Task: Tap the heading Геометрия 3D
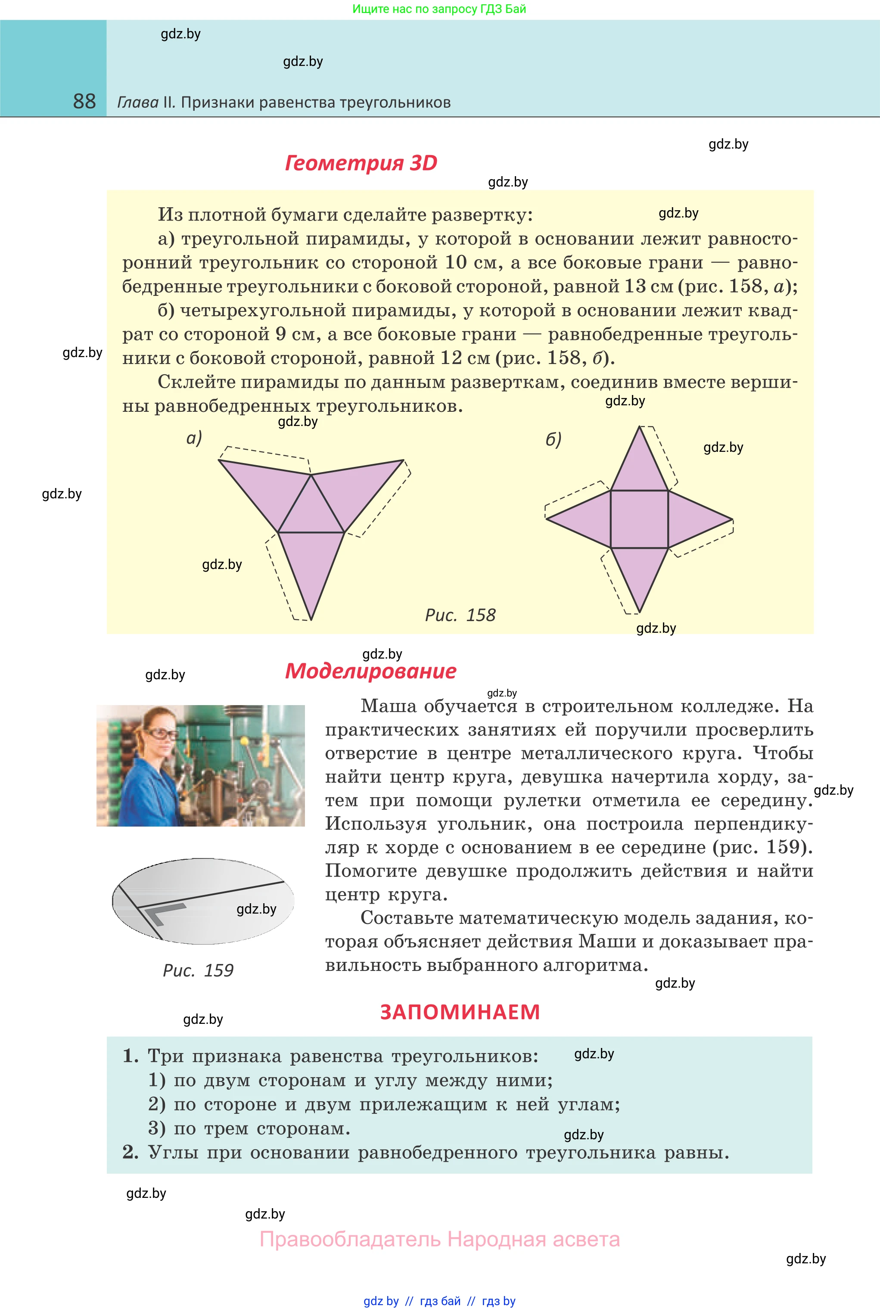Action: click(x=361, y=163)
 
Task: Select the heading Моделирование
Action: click(x=370, y=671)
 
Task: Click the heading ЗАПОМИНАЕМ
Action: click(x=460, y=1012)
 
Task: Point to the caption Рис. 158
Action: click(x=460, y=615)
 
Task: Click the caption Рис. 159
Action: click(x=198, y=970)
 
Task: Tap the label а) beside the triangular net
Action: click(x=194, y=438)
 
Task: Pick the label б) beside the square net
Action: click(x=553, y=439)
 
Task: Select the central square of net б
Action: click(x=639, y=519)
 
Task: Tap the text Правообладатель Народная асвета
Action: click(x=439, y=1239)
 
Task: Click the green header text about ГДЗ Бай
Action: click(x=439, y=9)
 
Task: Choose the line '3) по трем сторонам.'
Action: click(x=249, y=1129)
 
